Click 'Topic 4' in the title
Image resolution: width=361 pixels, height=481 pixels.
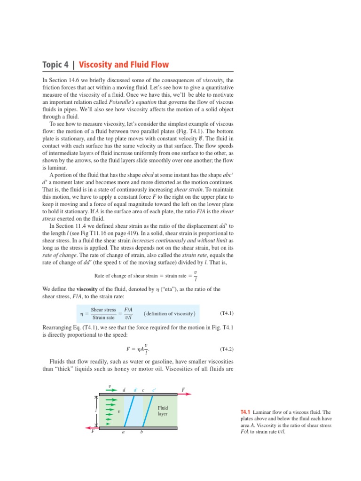55,65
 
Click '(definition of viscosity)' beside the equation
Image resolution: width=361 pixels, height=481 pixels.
170,313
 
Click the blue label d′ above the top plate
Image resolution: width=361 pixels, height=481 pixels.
135,390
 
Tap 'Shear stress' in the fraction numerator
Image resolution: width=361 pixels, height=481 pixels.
103,310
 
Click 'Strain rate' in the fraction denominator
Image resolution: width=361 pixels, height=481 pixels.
103,318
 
